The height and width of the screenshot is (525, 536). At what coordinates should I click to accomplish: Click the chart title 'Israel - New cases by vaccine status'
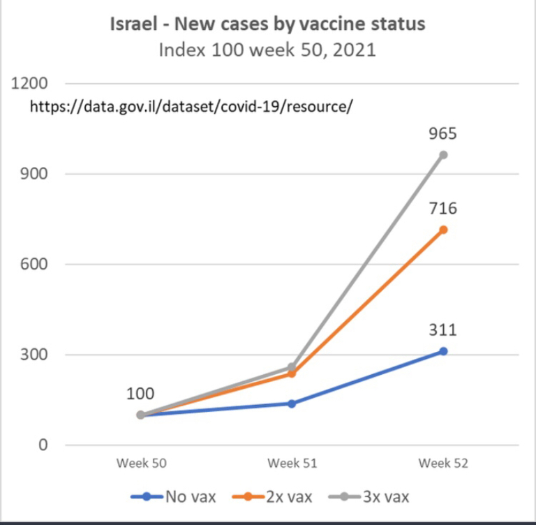point(268,24)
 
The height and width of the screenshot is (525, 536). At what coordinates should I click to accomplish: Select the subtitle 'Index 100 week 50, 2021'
point(268,50)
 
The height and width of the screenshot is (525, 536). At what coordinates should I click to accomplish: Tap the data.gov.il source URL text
point(191,106)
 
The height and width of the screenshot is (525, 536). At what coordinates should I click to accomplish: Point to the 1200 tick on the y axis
point(29,83)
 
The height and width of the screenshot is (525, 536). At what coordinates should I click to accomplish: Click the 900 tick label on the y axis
point(33,174)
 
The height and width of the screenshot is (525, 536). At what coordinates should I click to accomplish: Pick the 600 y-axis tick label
point(33,264)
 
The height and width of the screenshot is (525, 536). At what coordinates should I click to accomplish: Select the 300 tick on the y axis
point(33,355)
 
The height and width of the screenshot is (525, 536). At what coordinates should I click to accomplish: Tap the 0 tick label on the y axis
point(43,445)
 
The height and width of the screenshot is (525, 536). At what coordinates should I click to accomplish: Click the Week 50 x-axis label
point(141,463)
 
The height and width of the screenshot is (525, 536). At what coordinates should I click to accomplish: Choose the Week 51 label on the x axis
point(292,463)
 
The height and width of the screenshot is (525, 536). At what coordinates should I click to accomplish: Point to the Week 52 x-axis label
point(443,463)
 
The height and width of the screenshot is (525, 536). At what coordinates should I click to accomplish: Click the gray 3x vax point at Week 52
point(443,155)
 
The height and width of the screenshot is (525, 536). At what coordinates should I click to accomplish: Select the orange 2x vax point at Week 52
point(443,230)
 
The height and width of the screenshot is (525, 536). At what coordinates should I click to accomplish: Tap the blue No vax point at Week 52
point(443,351)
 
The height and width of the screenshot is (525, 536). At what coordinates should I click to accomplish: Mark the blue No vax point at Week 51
point(292,404)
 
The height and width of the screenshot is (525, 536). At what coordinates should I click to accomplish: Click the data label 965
point(443,133)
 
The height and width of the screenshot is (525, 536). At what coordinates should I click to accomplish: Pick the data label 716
point(443,208)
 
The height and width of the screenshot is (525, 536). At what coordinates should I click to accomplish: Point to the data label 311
point(443,330)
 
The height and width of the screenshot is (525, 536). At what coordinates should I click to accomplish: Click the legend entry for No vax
point(173,496)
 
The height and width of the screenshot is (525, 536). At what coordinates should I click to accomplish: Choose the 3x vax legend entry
point(368,496)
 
